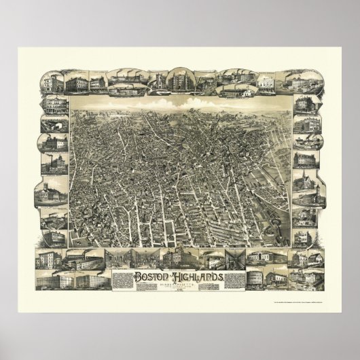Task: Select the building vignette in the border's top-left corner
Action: (x=51, y=84)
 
